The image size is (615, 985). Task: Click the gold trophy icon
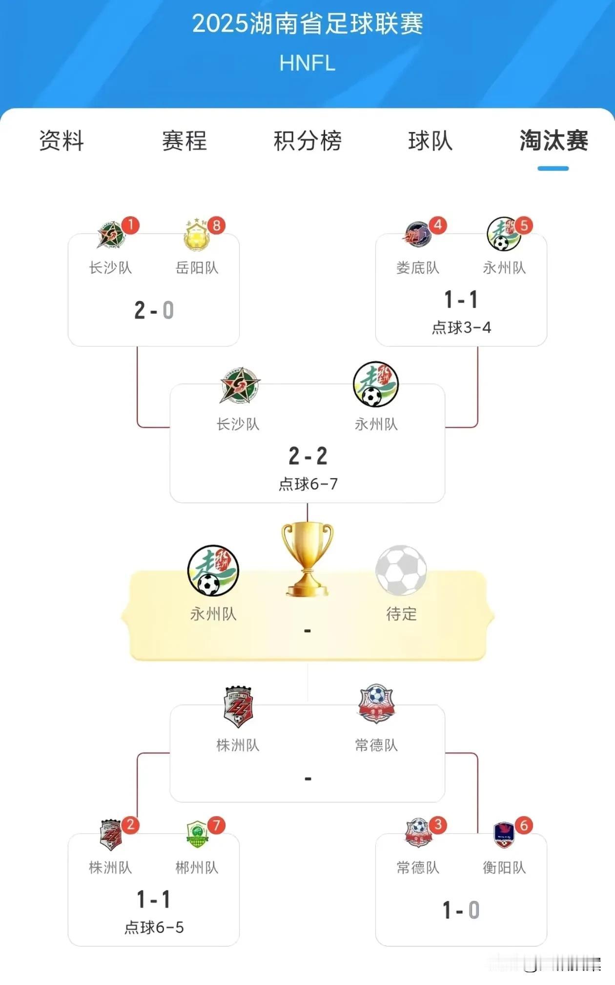(307, 559)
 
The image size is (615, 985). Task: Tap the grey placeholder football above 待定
(401, 570)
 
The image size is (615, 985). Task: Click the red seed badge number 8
(216, 225)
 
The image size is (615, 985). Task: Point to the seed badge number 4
(438, 225)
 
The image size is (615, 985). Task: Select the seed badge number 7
(216, 825)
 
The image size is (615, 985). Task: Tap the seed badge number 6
(524, 825)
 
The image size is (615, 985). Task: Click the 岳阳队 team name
(197, 268)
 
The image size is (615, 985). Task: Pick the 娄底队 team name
(418, 268)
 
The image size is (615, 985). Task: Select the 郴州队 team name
(197, 867)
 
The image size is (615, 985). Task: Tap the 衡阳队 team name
(504, 867)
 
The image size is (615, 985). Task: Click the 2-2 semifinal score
(308, 456)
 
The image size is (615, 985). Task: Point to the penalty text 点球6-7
(308, 484)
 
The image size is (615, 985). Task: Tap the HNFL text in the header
(307, 63)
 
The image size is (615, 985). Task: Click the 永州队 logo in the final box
(213, 570)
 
